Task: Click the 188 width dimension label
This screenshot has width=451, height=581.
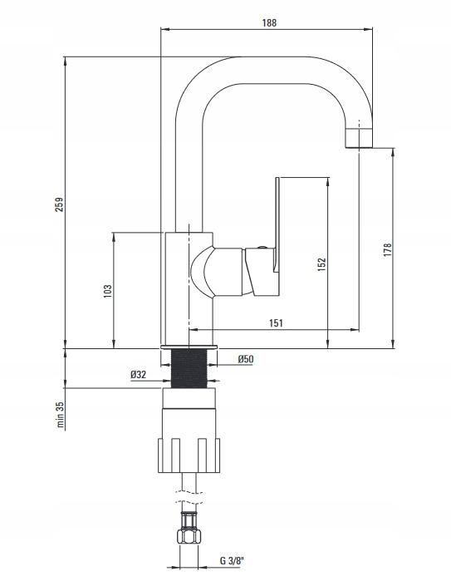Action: coord(269,22)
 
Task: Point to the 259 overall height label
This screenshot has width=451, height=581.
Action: coord(59,204)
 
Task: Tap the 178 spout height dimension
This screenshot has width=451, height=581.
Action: coord(387,250)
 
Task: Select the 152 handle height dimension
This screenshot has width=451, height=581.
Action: coord(321,264)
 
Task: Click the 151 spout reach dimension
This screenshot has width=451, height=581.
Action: coord(276,323)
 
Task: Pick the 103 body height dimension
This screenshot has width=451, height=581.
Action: coord(107,292)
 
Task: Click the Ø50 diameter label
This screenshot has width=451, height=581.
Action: coord(246,359)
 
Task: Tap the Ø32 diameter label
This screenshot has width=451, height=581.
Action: coord(138,374)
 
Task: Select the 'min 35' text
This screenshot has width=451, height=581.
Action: coord(61,415)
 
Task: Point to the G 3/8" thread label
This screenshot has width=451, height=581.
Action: coord(233,560)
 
